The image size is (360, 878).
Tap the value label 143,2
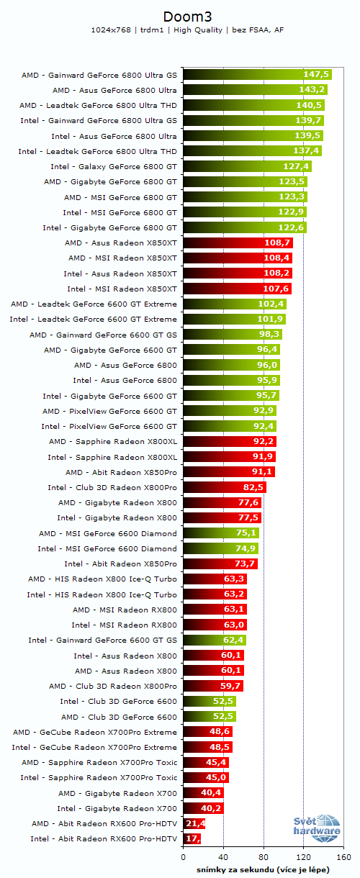312,90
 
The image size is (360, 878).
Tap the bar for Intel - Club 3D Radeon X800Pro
224,487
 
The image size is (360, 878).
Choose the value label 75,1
246,533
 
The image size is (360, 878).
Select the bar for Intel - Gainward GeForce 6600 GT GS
215,640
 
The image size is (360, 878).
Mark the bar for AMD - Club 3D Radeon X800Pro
213,686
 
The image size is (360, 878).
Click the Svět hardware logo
316,828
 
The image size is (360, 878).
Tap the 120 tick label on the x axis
304,857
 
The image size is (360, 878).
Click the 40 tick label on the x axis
223,857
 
